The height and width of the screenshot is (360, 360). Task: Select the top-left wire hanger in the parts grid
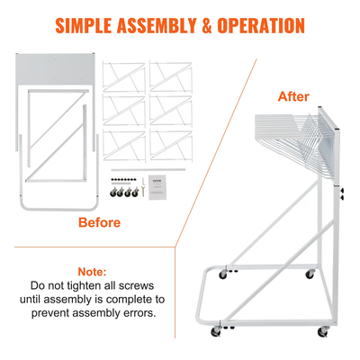coord(124,76)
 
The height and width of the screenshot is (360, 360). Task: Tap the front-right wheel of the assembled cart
coord(322,333)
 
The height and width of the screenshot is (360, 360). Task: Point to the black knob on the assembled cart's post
coord(343,193)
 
